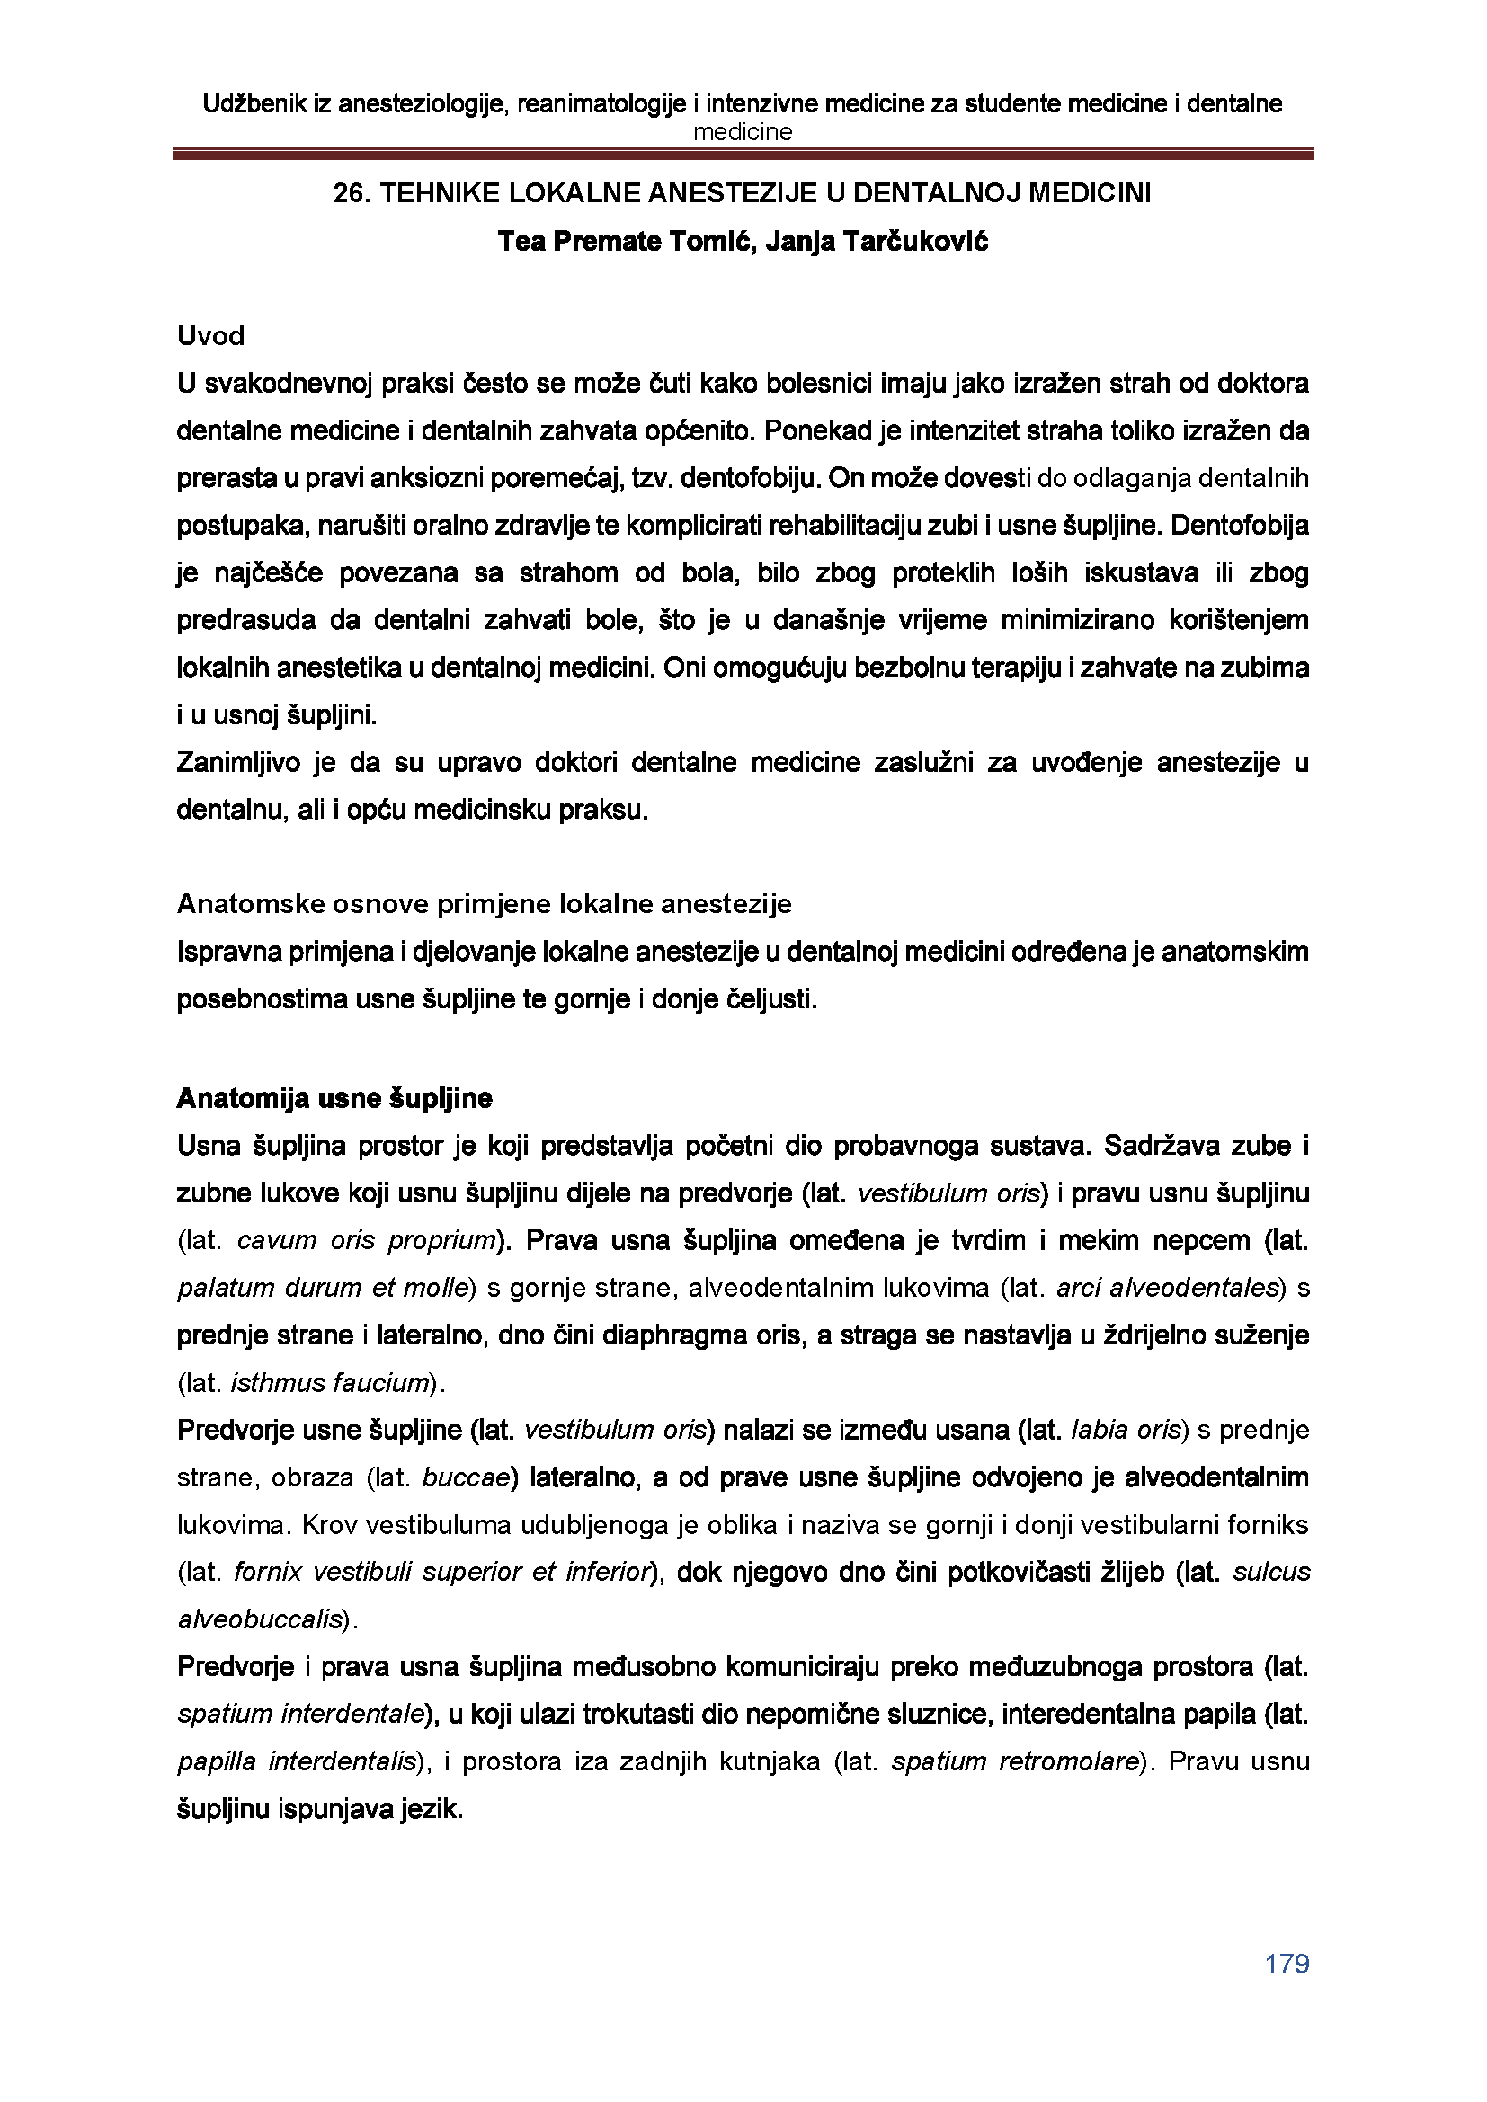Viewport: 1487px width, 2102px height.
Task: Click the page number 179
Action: click(1287, 1964)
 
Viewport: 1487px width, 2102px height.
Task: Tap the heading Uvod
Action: click(210, 337)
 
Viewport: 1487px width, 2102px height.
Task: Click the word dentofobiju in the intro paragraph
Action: click(753, 478)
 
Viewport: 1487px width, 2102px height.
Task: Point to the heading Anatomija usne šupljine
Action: click(334, 1098)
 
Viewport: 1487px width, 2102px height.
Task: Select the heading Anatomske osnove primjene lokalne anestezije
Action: click(484, 905)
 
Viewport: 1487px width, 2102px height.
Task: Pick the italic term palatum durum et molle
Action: click(323, 1288)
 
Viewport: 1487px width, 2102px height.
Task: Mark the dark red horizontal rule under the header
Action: click(743, 155)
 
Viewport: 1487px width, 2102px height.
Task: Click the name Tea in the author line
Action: click(523, 242)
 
